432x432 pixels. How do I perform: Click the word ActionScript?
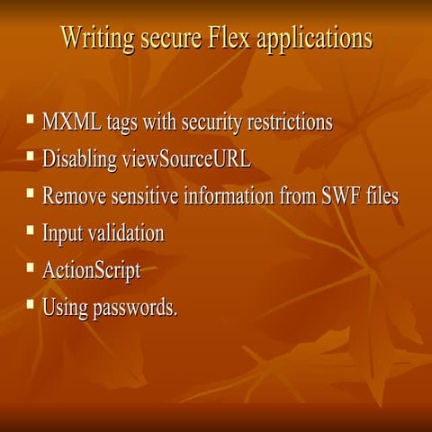[92, 270]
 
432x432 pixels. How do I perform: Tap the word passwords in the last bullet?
[134, 307]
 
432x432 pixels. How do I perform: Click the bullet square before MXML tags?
[31, 119]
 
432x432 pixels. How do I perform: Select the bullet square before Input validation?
[31, 230]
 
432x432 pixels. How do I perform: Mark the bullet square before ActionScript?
[31, 267]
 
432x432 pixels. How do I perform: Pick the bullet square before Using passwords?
[31, 304]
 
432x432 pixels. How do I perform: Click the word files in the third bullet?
[382, 195]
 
